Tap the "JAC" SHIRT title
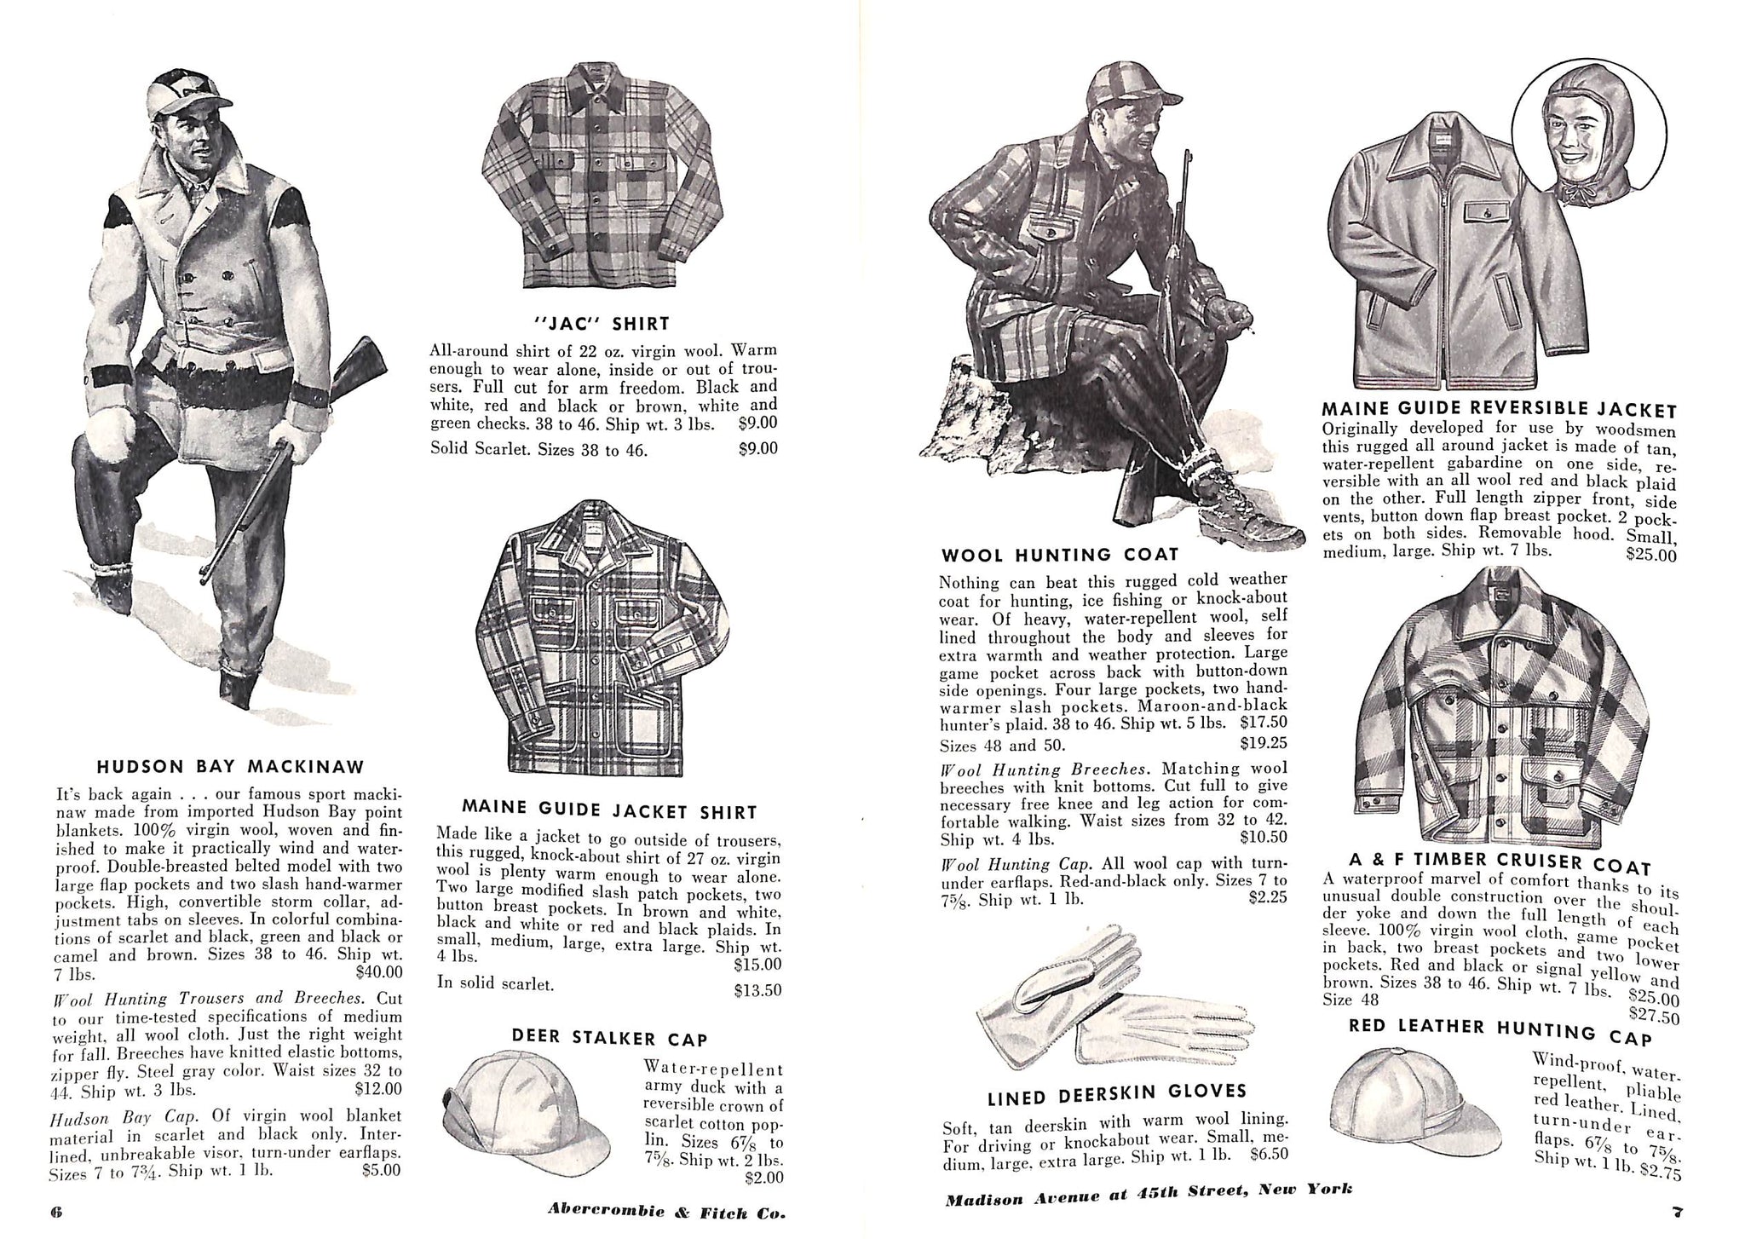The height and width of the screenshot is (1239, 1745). pos(600,324)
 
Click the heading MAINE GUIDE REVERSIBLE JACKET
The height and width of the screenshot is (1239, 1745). pos(1499,410)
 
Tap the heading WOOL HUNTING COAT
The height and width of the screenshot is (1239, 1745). pos(1059,556)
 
